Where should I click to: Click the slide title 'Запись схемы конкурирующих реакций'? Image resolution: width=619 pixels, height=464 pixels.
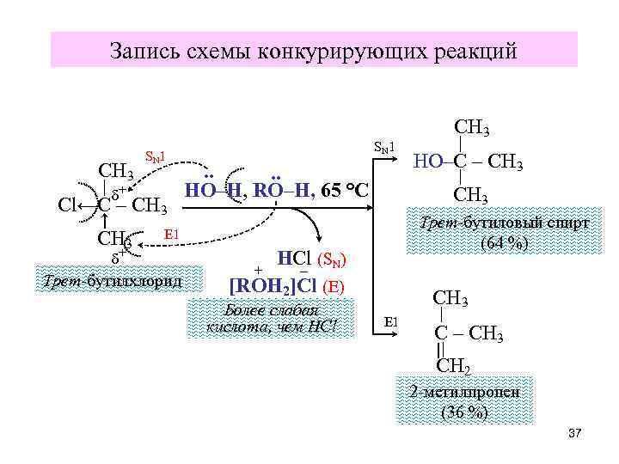pyautogui.click(x=314, y=51)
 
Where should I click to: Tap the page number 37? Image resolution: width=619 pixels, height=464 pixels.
pyautogui.click(x=575, y=433)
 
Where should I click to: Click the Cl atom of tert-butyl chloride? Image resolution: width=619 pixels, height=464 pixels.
pyautogui.click(x=70, y=205)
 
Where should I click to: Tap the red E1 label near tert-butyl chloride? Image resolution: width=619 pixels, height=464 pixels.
pyautogui.click(x=170, y=234)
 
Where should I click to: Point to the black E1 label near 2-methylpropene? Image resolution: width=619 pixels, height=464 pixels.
pyautogui.click(x=391, y=322)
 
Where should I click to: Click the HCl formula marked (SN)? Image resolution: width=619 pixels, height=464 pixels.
pyautogui.click(x=296, y=257)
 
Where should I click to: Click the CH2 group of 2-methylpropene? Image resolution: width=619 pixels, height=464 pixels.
pyautogui.click(x=454, y=367)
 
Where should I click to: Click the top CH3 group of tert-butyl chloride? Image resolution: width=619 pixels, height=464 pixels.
pyautogui.click(x=115, y=171)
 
